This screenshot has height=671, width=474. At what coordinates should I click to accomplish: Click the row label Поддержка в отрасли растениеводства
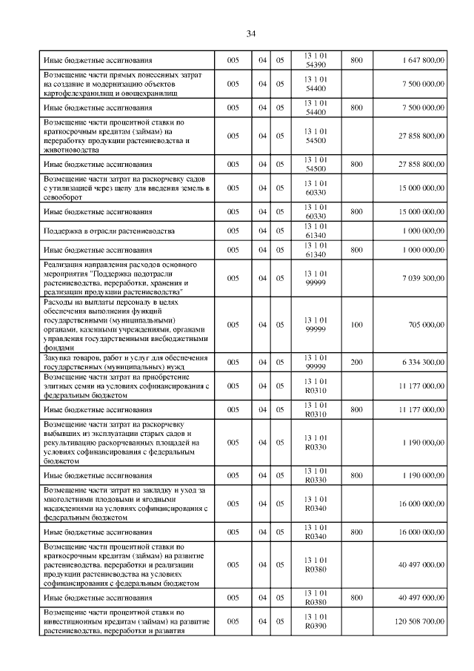109,231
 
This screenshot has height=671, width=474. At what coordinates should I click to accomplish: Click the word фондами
59,347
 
